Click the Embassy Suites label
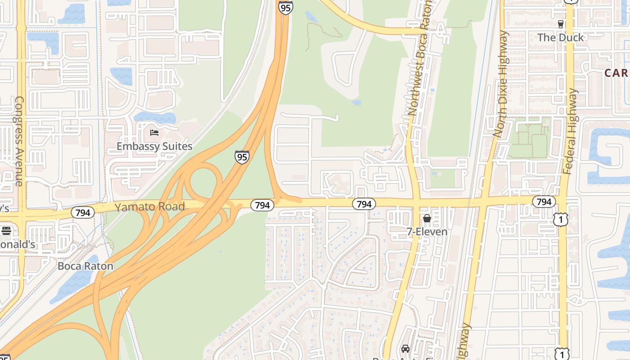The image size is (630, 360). click(x=154, y=146)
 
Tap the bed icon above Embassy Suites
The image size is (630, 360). click(x=154, y=133)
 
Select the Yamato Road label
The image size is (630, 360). click(x=149, y=207)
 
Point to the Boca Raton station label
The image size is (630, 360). click(x=85, y=266)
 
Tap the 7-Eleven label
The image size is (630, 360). click(x=427, y=232)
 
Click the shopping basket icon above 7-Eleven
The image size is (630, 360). click(x=427, y=219)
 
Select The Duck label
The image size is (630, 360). click(x=560, y=37)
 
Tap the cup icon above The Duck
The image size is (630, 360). click(x=560, y=24)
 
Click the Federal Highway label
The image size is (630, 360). click(x=570, y=131)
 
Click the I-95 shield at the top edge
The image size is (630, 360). click(x=285, y=7)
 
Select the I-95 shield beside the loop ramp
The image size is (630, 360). click(x=242, y=157)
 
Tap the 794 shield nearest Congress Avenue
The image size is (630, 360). click(x=83, y=212)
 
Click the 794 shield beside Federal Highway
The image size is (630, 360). click(x=544, y=202)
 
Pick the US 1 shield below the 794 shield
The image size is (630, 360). click(x=561, y=220)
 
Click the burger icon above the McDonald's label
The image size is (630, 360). click(x=6, y=231)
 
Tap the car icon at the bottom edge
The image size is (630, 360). click(x=405, y=349)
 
